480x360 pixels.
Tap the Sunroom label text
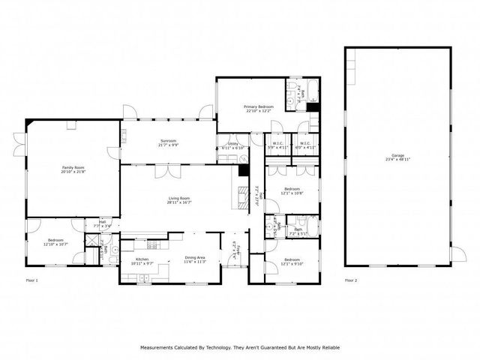pyautogui.click(x=167, y=140)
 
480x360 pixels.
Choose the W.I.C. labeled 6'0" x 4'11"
pyautogui.click(x=305, y=144)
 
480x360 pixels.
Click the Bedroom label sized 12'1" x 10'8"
pyautogui.click(x=292, y=188)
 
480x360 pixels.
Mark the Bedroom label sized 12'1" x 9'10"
pyautogui.click(x=292, y=259)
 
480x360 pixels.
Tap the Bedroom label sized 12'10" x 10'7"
pyautogui.click(x=56, y=240)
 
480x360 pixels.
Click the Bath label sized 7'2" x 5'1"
pyautogui.click(x=298, y=229)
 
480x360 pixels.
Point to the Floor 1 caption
pyautogui.click(x=31, y=280)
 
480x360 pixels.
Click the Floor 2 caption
pyautogui.click(x=351, y=280)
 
